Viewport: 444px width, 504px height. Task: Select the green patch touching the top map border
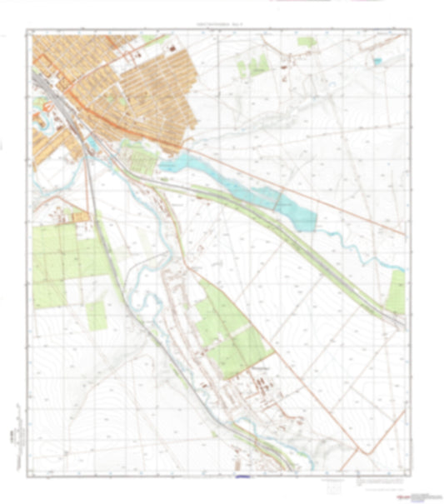click(x=307, y=41)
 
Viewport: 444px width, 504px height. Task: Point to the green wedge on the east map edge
click(x=396, y=292)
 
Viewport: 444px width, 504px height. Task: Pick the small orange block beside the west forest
click(x=80, y=217)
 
